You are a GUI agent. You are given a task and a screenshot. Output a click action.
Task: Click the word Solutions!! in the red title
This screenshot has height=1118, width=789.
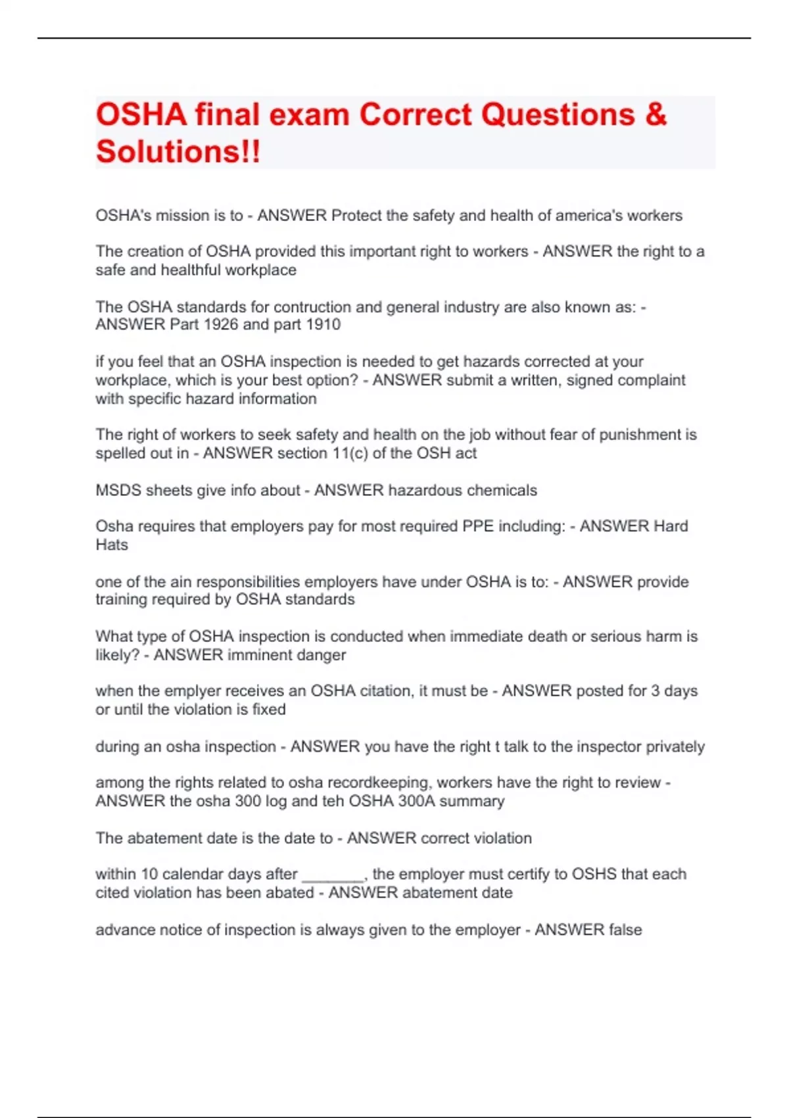click(178, 151)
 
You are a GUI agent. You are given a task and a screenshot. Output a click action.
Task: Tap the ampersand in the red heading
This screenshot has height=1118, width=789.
click(656, 114)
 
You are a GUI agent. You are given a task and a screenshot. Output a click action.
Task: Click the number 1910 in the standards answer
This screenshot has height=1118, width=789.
click(323, 324)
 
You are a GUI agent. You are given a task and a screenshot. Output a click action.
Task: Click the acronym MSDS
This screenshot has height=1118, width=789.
click(116, 490)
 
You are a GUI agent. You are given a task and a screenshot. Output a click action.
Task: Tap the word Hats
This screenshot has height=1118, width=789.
click(112, 545)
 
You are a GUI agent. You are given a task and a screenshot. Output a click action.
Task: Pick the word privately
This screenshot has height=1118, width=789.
click(675, 746)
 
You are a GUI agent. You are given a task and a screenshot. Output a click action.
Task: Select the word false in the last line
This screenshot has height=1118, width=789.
click(625, 929)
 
